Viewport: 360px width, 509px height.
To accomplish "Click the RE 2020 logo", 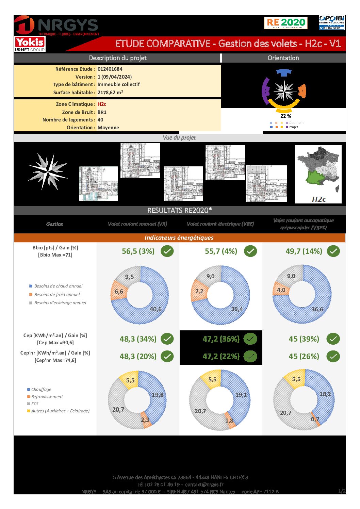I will (285, 23).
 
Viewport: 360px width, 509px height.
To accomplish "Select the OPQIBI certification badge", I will (331, 22).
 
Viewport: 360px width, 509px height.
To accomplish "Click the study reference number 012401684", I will (110, 69).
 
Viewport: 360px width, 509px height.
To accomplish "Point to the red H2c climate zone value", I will (102, 104).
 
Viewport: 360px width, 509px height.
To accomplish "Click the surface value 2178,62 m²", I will (110, 93).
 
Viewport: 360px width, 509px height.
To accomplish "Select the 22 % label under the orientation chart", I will (285, 116).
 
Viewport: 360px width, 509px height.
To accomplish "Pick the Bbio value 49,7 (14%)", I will (304, 251).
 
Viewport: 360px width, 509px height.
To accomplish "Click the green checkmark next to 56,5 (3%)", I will (167, 251).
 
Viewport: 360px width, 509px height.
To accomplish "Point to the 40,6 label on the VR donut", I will (156, 309).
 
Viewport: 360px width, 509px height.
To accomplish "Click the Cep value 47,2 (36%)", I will (221, 339).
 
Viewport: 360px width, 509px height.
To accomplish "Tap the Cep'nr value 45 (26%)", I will (304, 357).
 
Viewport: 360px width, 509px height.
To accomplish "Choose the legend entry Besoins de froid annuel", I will (57, 295).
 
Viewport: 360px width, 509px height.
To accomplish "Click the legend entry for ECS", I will (35, 404).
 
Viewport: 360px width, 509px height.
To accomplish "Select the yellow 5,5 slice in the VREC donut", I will (296, 379).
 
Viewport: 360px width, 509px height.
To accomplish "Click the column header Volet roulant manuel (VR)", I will (137, 224).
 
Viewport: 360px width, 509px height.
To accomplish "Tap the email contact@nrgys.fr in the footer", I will (204, 485).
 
